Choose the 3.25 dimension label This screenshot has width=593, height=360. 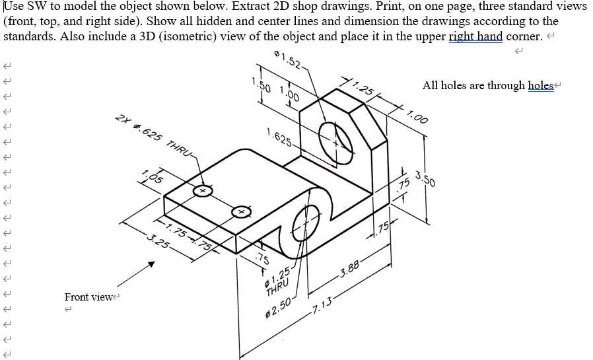pyautogui.click(x=159, y=239)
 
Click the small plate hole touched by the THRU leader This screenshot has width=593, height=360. pyautogui.click(x=203, y=192)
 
